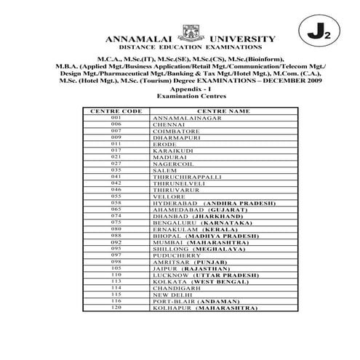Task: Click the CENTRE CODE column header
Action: coord(116,111)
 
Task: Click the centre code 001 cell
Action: coord(116,117)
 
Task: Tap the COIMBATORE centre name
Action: coord(173,130)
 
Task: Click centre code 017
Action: coord(116,150)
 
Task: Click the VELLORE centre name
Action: coord(168,196)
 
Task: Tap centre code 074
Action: coord(116,216)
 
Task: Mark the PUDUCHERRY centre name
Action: coord(175,255)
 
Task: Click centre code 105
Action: coord(116,268)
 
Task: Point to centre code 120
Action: coord(116,308)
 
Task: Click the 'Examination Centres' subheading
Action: coord(191,95)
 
